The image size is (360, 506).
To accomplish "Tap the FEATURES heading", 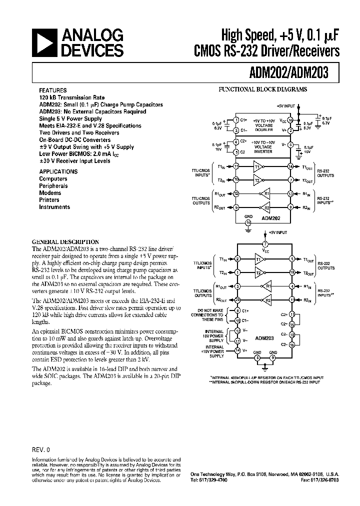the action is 51,91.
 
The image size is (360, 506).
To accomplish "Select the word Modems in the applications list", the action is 50,193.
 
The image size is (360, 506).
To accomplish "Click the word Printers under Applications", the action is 49,200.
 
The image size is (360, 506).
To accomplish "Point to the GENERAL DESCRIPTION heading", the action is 65,241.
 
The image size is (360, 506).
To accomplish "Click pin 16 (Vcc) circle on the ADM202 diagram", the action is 290,120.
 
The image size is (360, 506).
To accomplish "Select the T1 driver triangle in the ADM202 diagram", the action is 258,166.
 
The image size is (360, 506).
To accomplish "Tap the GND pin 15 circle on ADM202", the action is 248,222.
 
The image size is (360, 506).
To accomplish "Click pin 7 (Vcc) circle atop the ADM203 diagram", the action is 265,244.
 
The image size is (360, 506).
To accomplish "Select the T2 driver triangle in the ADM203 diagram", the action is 258,273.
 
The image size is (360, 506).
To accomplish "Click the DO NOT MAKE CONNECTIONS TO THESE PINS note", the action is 209,315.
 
